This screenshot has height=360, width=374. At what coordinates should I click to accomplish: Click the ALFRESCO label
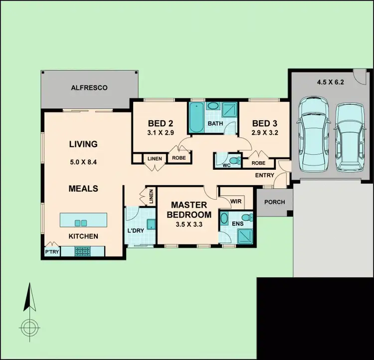click(x=88, y=88)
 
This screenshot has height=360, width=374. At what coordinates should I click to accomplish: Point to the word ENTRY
click(x=264, y=175)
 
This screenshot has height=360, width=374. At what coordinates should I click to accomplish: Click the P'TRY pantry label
click(x=52, y=252)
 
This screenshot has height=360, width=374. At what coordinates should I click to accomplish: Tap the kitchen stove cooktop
click(x=82, y=252)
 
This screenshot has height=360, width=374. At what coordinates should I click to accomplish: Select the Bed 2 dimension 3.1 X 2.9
click(x=160, y=133)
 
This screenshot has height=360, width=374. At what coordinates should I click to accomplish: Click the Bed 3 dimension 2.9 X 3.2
click(x=265, y=133)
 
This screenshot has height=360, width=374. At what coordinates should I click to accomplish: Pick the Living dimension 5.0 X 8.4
click(x=83, y=161)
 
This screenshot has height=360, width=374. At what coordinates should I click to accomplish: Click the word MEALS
click(x=83, y=189)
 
